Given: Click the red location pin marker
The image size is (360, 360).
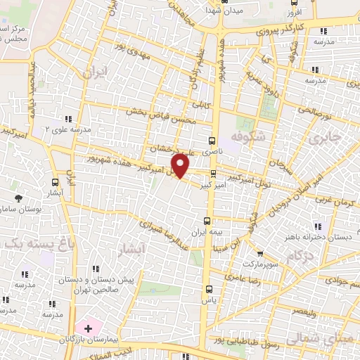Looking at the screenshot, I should click(181, 166).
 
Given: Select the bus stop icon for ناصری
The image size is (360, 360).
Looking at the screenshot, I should click(212, 140).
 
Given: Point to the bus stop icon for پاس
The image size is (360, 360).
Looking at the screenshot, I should click(208, 288).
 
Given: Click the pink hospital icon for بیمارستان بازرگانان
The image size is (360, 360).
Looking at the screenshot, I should click(89, 328).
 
